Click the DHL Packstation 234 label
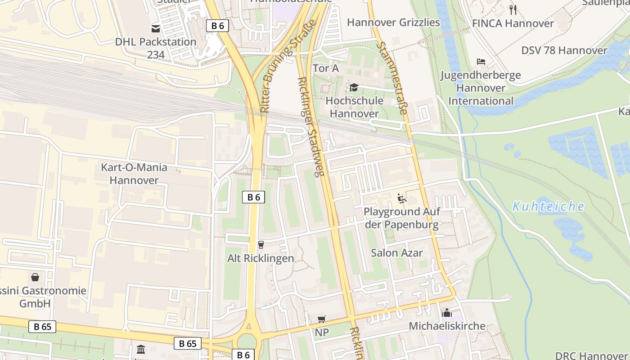pyautogui.click(x=156, y=48)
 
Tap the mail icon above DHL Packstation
pyautogui.click(x=156, y=29)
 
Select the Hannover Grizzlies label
pyautogui.click(x=393, y=22)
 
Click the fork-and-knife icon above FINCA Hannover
pyautogui.click(x=513, y=9)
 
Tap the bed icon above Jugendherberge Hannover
pyautogui.click(x=481, y=61)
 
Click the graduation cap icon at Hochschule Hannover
pyautogui.click(x=354, y=87)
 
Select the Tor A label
pyautogui.click(x=325, y=68)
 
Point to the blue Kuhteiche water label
pyautogui.click(x=548, y=207)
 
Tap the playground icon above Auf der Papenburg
pyautogui.click(x=401, y=198)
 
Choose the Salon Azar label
pyautogui.click(x=396, y=253)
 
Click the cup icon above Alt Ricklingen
pyautogui.click(x=261, y=244)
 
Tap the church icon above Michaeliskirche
pyautogui.click(x=447, y=312)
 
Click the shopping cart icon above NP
pyautogui.click(x=322, y=319)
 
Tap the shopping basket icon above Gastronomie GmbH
pyautogui.click(x=35, y=277)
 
